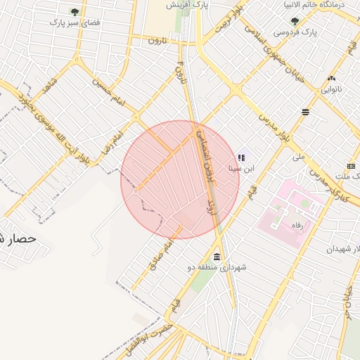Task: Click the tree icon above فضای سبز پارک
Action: [x=75, y=12]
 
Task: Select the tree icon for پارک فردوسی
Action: [x=294, y=21]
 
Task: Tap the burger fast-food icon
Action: [x=305, y=112]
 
